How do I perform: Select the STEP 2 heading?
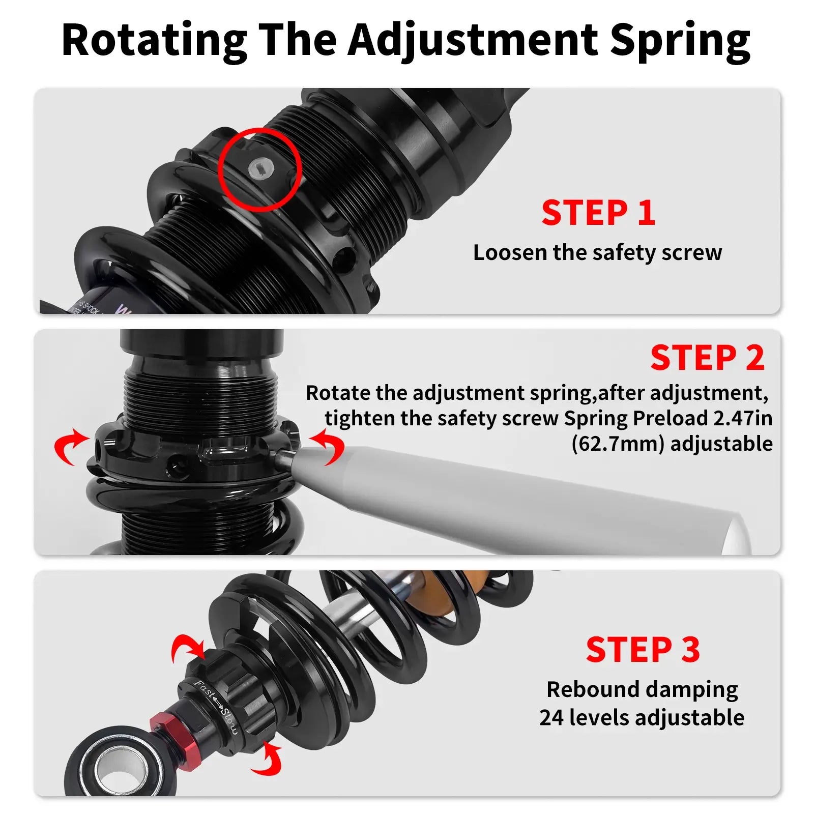(x=707, y=358)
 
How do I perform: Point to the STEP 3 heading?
(x=643, y=650)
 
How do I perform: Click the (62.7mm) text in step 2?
(x=618, y=444)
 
